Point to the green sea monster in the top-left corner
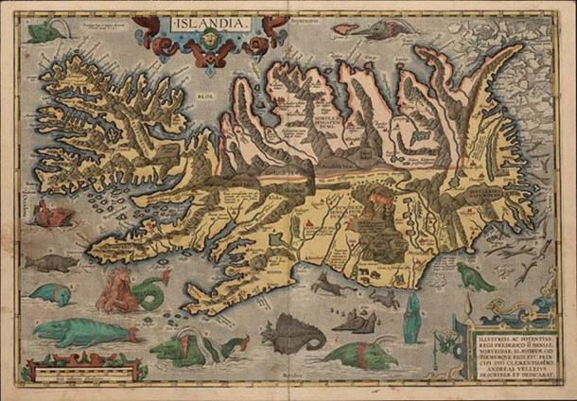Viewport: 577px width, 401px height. (42, 34)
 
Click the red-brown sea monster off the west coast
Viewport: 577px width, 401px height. (51, 217)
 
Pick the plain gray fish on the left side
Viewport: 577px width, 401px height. (46, 263)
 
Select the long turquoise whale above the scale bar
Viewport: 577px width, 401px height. (81, 331)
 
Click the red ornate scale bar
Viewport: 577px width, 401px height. (77, 363)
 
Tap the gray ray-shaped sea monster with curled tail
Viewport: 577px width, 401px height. (292, 335)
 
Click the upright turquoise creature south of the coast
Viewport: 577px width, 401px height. (411, 320)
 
